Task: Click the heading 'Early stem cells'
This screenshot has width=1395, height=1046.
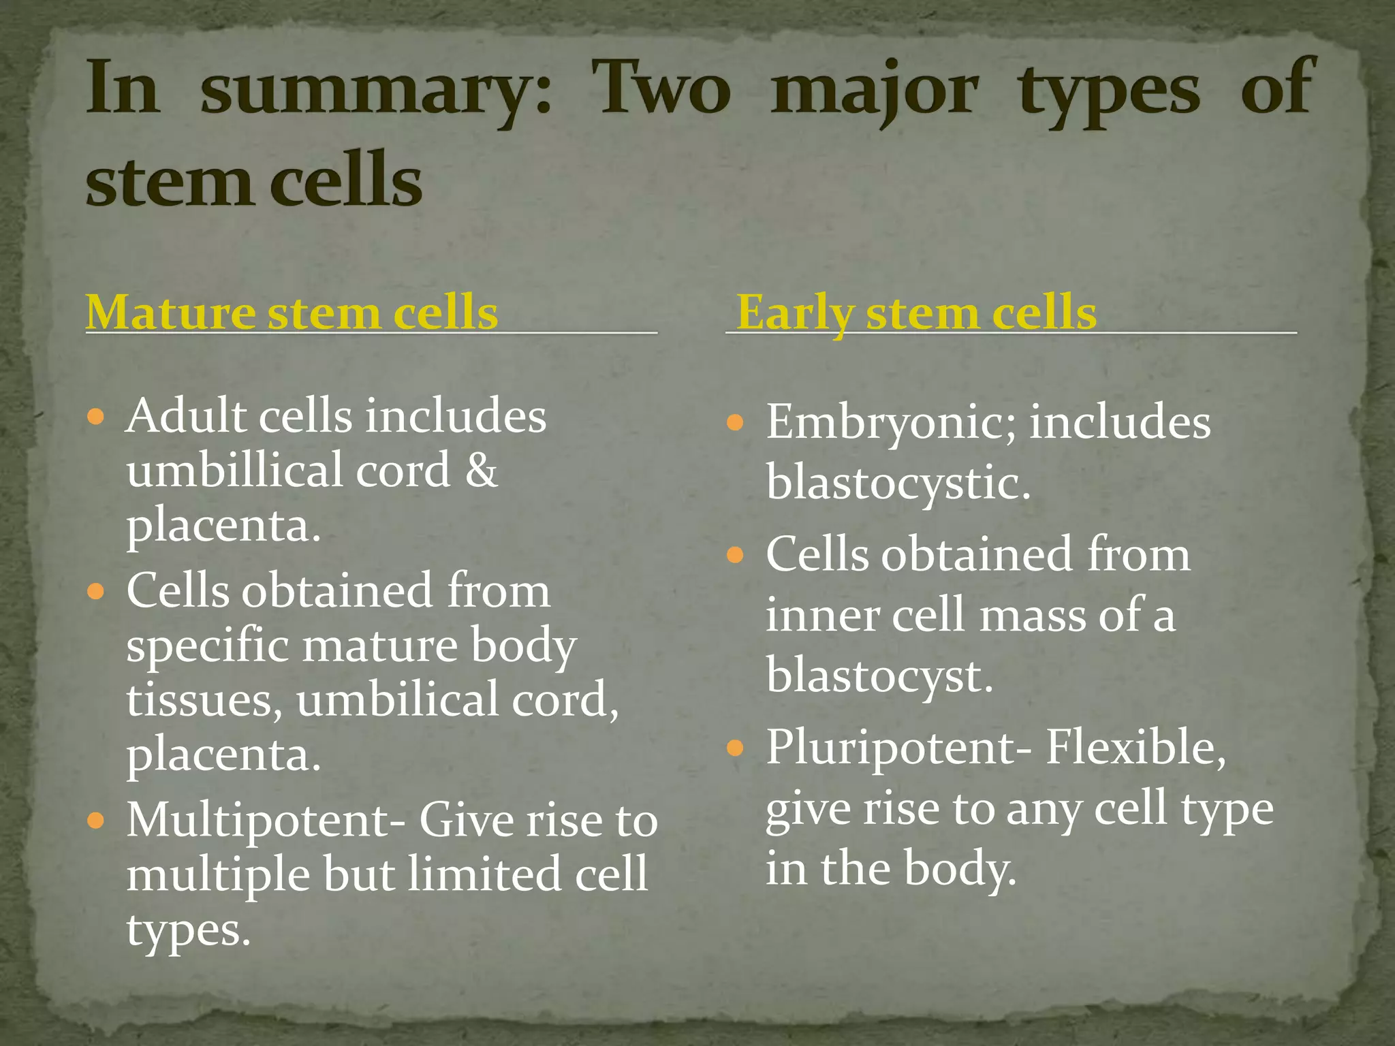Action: (x=916, y=313)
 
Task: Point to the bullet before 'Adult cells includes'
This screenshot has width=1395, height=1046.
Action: (x=96, y=416)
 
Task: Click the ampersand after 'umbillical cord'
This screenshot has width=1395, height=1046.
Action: (x=481, y=470)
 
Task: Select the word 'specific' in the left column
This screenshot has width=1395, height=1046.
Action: (x=208, y=646)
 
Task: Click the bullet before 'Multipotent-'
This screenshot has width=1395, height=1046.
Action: (x=96, y=820)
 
